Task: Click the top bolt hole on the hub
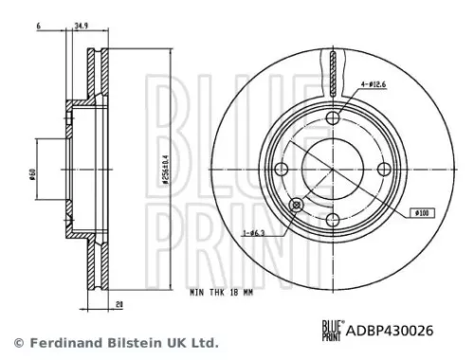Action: pyautogui.click(x=332, y=118)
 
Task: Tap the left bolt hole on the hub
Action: pyautogui.click(x=281, y=169)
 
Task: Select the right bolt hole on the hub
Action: pyautogui.click(x=383, y=169)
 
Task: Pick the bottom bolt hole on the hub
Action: pyautogui.click(x=332, y=220)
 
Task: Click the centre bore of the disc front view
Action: pyautogui.click(x=332, y=169)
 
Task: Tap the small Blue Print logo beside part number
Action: pyautogui.click(x=332, y=330)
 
